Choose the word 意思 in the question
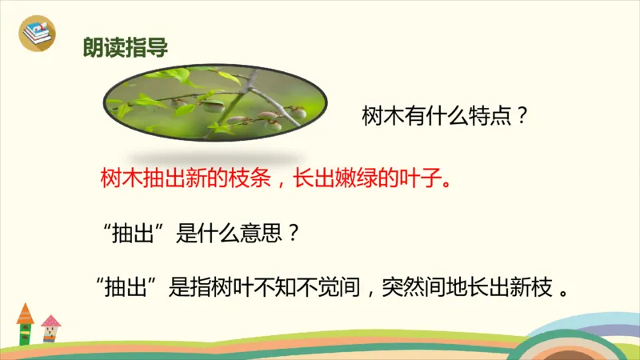258,233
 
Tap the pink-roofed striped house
51,329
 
